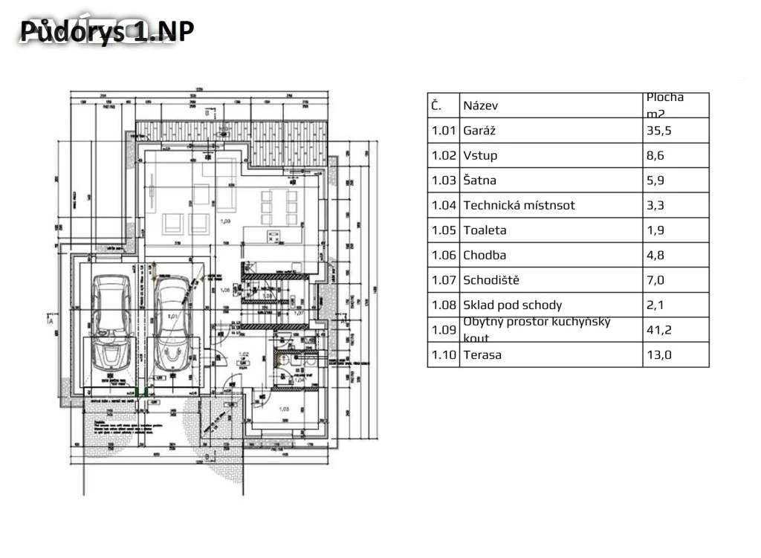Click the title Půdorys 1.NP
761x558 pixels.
coord(107,31)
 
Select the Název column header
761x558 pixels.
coord(481,106)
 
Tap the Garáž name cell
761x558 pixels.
coord(479,131)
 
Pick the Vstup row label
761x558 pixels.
coord(480,155)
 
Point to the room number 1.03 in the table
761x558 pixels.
coord(443,181)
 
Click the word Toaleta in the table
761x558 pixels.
coord(485,230)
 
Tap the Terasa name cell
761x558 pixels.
coord(482,354)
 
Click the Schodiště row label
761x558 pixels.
coord(490,280)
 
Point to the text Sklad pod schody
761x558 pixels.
coord(513,305)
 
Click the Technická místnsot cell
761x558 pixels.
coord(519,205)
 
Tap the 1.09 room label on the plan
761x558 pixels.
coord(226,221)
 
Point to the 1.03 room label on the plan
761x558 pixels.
coord(283,408)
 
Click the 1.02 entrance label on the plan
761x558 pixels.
coord(242,354)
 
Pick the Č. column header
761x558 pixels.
coord(436,106)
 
